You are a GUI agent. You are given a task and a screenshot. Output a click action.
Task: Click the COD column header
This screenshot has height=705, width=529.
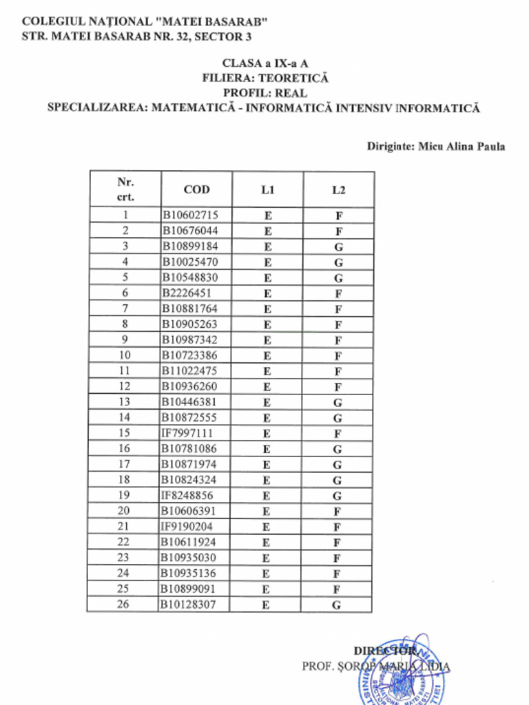(196, 189)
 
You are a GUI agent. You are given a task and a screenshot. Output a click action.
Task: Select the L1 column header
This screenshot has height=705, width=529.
(267, 189)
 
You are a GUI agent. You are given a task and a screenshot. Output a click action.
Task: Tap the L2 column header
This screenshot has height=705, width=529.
(338, 189)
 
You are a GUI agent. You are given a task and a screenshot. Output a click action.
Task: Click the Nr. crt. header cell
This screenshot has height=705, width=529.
(125, 189)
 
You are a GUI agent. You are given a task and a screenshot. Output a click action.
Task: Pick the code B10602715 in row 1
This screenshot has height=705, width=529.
(189, 215)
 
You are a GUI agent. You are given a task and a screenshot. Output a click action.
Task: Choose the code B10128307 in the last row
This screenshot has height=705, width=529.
(189, 604)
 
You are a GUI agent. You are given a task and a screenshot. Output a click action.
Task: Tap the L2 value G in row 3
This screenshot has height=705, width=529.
(338, 246)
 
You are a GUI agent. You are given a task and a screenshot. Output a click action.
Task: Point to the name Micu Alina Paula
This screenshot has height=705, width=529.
(461, 147)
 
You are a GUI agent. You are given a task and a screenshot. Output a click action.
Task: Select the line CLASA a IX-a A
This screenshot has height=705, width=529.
(264, 63)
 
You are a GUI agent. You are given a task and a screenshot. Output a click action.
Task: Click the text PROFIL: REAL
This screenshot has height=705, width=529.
(264, 93)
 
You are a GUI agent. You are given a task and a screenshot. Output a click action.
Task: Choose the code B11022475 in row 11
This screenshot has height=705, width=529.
(189, 370)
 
